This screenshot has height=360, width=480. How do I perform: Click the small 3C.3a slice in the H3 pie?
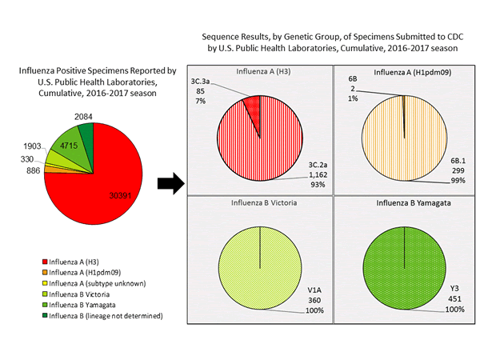click(x=253, y=106)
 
